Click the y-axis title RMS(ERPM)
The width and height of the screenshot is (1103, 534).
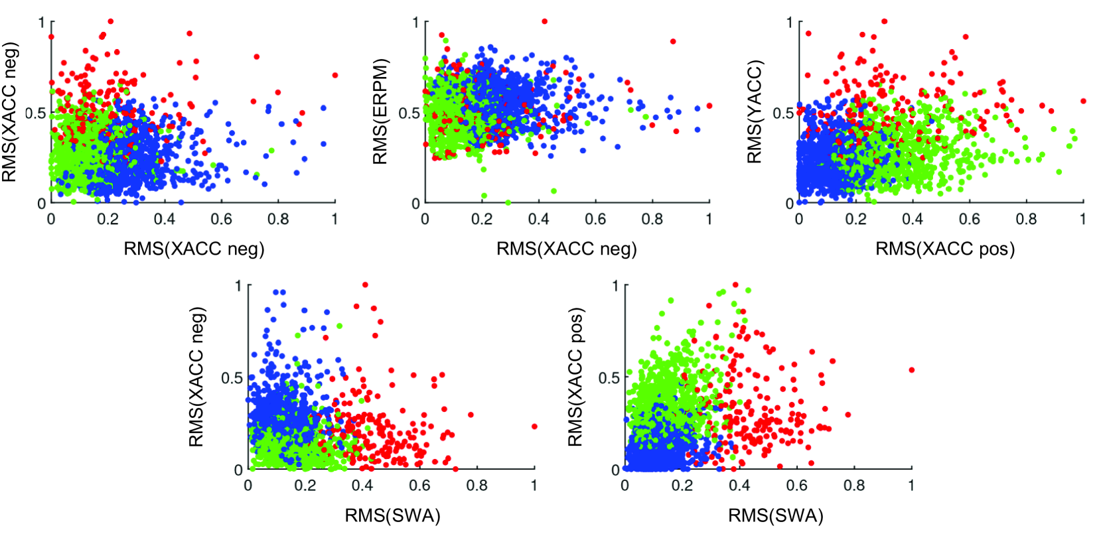pos(380,111)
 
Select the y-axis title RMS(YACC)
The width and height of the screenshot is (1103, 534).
pos(755,111)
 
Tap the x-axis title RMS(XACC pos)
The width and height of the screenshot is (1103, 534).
pos(945,249)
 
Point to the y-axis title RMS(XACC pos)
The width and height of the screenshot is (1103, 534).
pos(575,377)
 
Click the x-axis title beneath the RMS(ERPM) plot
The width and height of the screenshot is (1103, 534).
pos(566,249)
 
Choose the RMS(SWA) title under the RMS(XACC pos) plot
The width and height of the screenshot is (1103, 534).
pos(775,515)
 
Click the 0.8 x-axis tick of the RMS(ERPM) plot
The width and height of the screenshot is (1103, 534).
pos(652,219)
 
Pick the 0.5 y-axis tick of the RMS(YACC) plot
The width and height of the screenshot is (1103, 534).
pos(783,113)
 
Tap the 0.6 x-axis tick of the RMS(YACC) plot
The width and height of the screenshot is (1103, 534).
pos(969,219)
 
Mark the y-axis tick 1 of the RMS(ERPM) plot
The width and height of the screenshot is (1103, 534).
pos(416,23)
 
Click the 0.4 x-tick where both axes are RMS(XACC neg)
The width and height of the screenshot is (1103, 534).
pos(165,219)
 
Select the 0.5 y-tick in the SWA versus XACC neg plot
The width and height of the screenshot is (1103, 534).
pos(232,377)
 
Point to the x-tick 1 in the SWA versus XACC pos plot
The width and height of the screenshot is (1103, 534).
pos(911,486)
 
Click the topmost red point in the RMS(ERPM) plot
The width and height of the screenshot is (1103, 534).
pos(545,21)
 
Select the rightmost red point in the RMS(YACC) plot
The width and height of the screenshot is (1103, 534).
pos(1083,101)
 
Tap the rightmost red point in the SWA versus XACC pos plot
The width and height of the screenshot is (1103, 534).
pos(912,370)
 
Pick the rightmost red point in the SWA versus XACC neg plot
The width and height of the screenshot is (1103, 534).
pos(534,427)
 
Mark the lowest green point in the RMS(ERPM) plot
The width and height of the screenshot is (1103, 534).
pos(508,202)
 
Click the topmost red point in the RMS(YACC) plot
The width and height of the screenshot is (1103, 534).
pos(885,21)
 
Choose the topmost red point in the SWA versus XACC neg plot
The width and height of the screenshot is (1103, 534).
pos(365,285)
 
